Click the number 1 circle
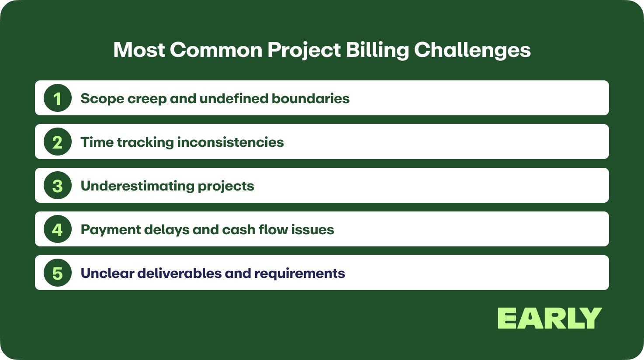point(58,98)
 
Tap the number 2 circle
point(58,142)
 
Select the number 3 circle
point(58,185)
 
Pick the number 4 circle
point(58,229)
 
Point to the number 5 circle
point(58,273)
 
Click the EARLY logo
point(550,318)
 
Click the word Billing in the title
point(377,51)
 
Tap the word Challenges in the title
point(472,51)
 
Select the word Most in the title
point(139,50)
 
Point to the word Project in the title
point(304,51)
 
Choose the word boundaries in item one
point(311,98)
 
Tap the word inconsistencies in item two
point(230,142)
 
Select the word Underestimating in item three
point(138,186)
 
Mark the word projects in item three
point(226,186)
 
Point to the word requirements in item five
point(300,274)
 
